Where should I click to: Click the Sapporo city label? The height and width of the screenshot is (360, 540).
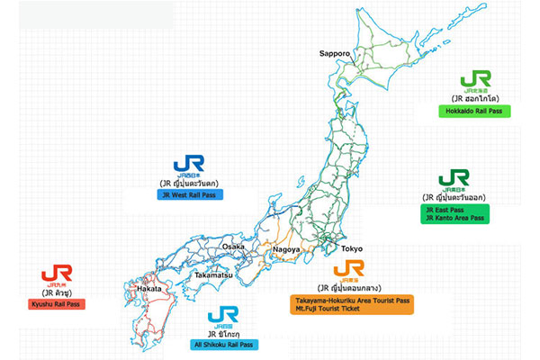[334, 53]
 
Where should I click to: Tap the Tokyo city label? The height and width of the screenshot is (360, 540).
[351, 248]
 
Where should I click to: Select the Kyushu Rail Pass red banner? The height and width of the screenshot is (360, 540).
[56, 304]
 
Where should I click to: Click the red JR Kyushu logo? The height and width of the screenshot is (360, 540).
[57, 274]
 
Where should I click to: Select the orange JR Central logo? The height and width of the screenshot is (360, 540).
[348, 269]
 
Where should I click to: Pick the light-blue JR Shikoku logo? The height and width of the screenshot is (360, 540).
[221, 316]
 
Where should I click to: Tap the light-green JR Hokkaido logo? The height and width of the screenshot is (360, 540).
[474, 80]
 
